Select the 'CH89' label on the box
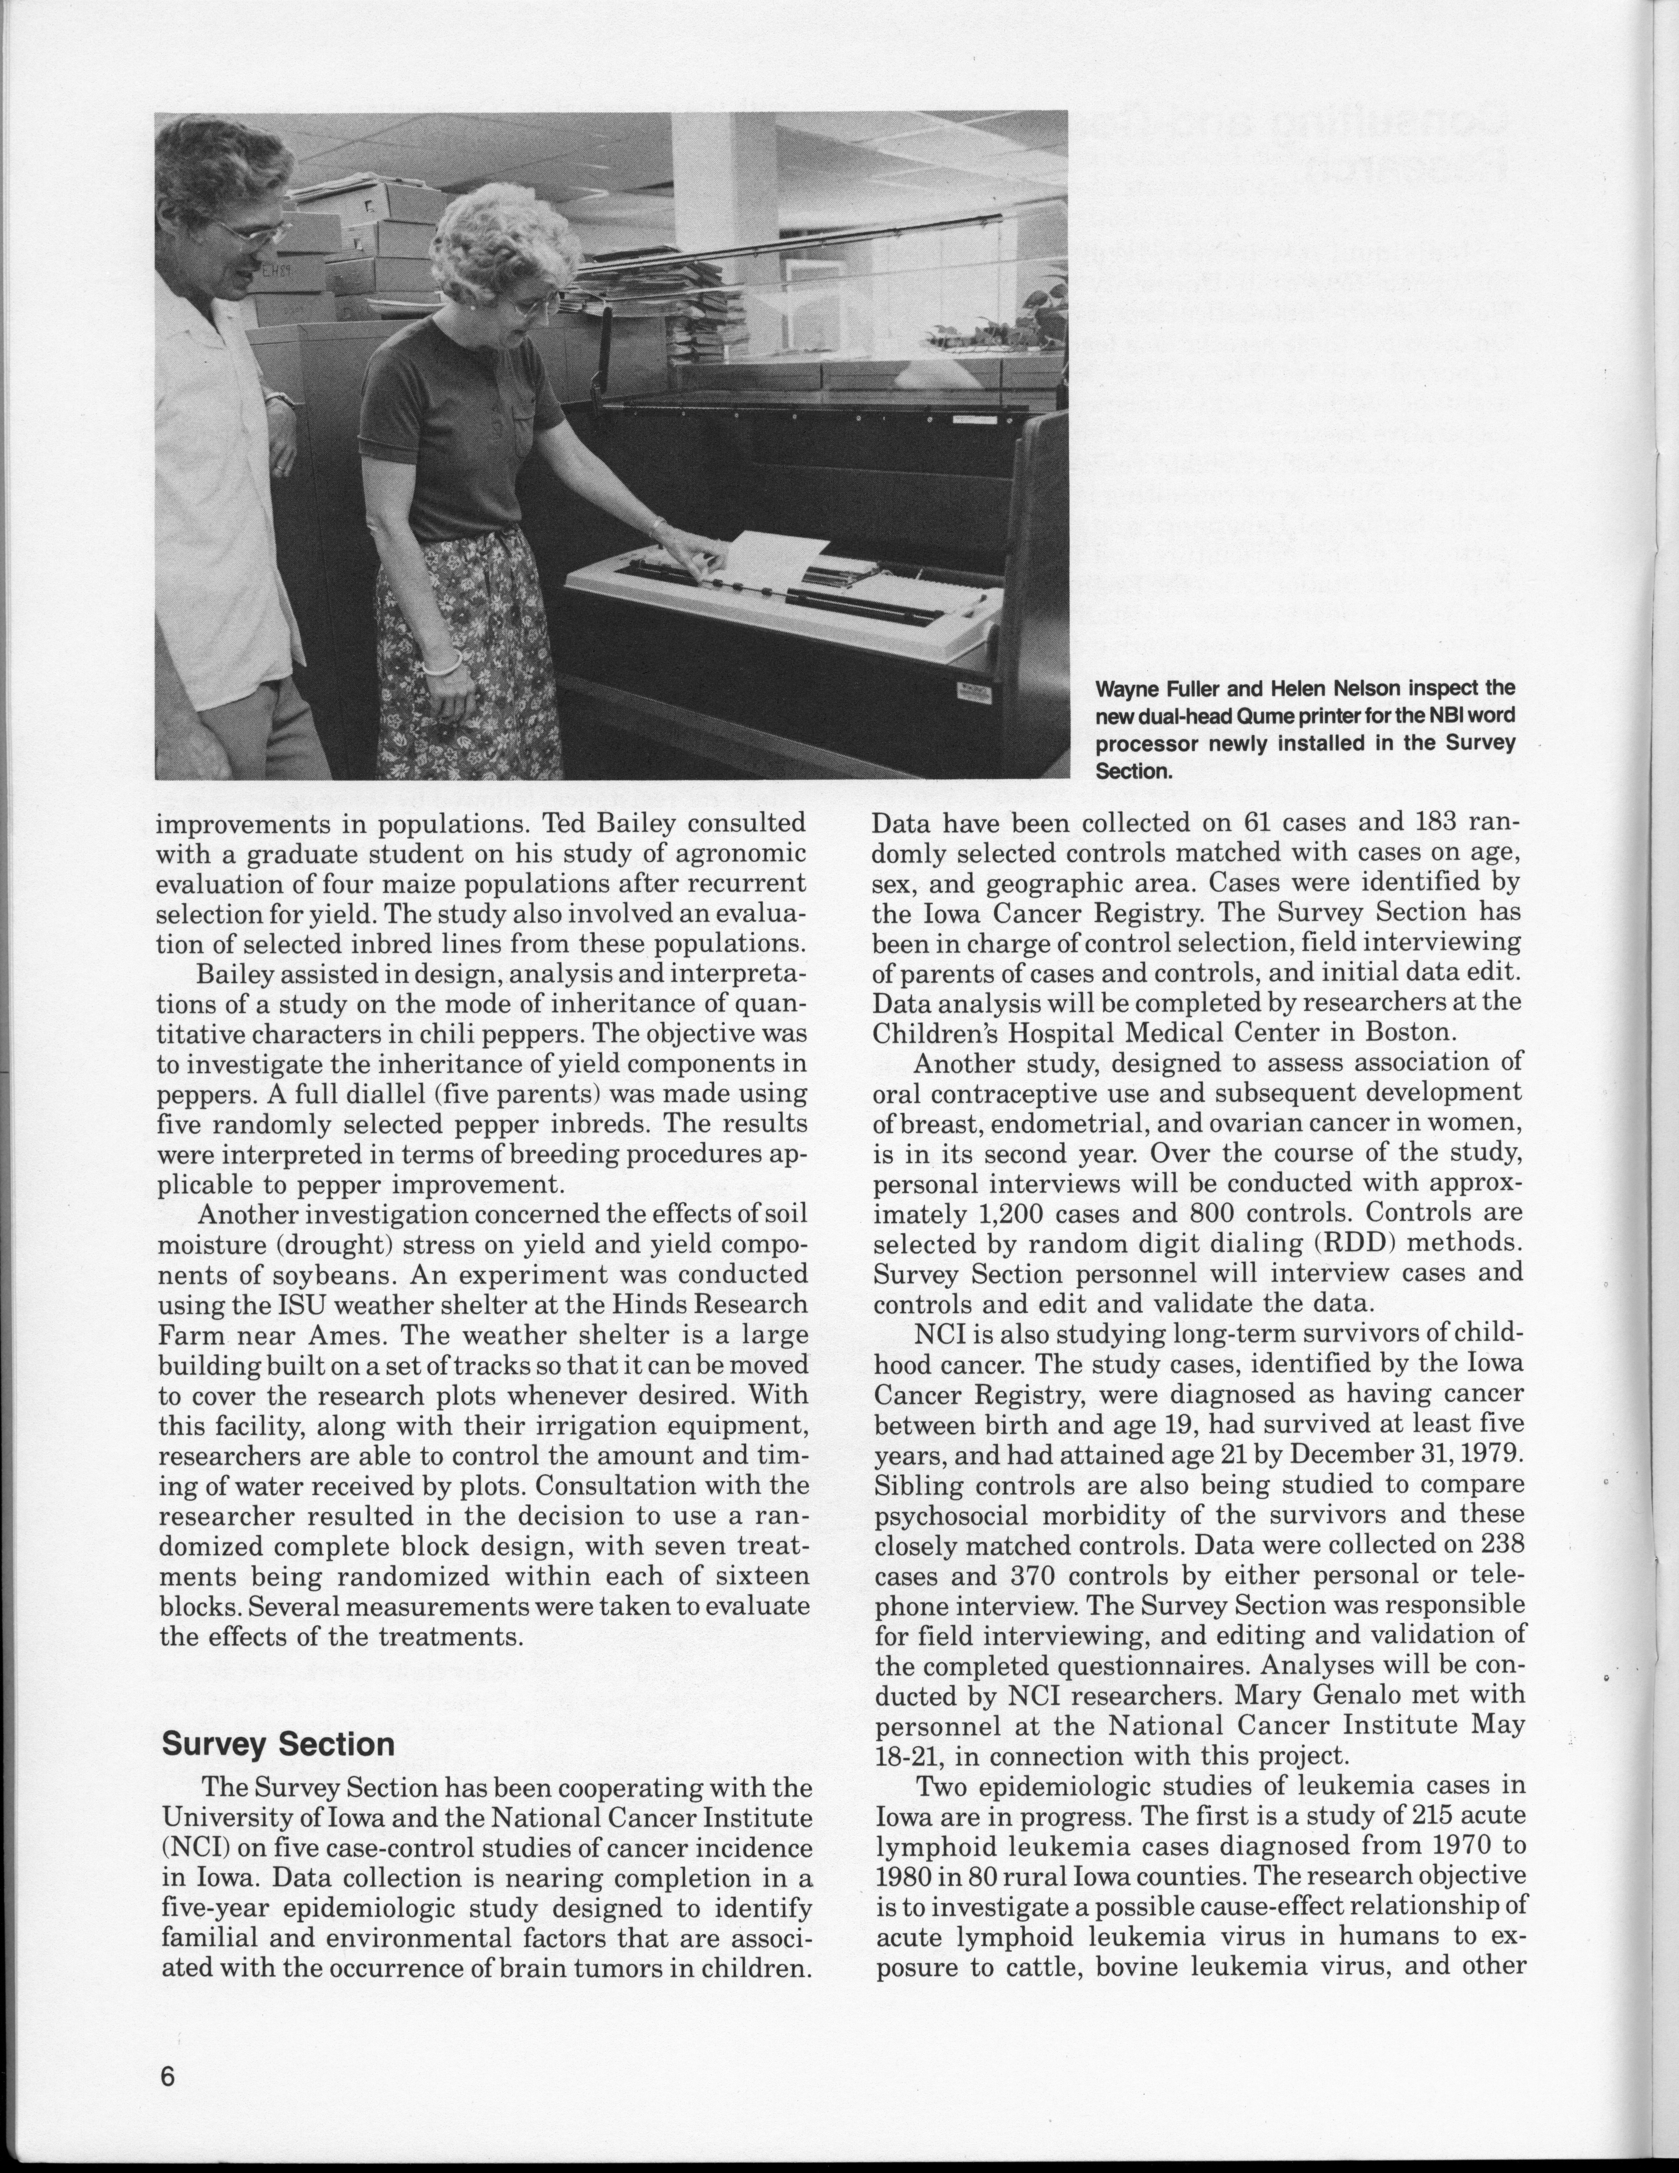[x=275, y=269]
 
